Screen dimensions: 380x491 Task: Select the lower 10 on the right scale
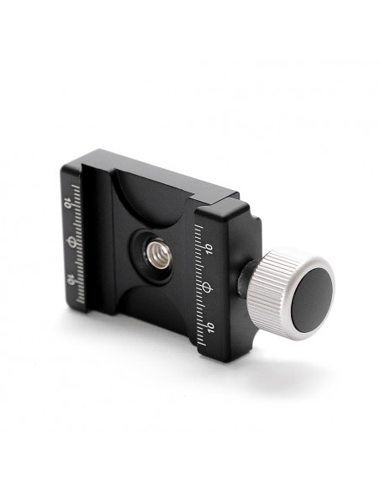coord(210,328)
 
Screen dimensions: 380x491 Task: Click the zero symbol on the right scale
coord(207,287)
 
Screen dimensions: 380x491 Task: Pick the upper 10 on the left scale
coord(67,203)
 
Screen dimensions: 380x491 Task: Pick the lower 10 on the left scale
coord(71,279)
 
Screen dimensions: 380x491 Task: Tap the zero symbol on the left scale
coord(72,242)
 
